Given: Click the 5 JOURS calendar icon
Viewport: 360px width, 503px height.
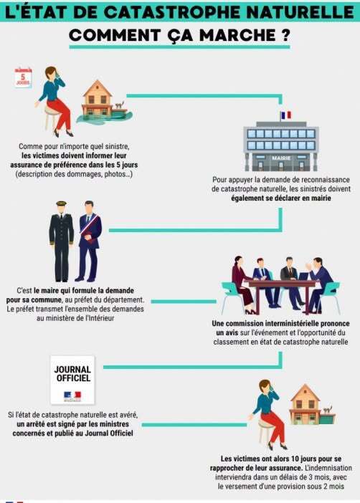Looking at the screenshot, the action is tap(23, 77).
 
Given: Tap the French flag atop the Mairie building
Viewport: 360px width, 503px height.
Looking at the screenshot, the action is tap(286, 115).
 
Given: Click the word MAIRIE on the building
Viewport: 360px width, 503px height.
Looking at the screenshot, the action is tap(281, 158).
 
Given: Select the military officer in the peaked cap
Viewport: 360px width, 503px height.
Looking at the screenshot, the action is tap(61, 241).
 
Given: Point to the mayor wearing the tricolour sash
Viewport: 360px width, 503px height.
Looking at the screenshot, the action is tap(88, 241).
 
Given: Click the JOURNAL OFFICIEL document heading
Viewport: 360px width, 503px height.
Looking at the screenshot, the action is tap(72, 374).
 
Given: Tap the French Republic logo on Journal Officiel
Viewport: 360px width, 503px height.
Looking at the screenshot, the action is tap(72, 396).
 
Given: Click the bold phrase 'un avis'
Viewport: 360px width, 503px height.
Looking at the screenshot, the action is tap(227, 332).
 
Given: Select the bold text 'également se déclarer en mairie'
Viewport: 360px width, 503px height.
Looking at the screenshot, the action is tap(281, 198).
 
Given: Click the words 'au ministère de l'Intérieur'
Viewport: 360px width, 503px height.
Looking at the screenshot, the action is tap(75, 318).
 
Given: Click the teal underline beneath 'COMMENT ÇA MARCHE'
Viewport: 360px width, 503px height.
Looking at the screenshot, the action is tap(179, 47).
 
